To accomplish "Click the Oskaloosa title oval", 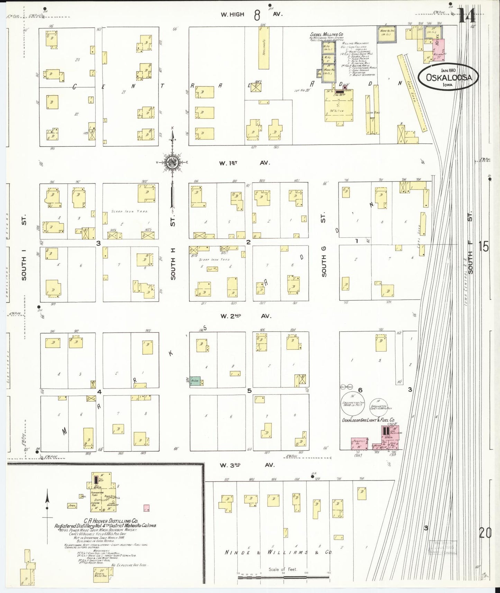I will click(448, 77).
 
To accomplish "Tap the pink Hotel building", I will click(438, 45).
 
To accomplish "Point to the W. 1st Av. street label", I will click(244, 163).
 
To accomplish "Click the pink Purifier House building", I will click(359, 444).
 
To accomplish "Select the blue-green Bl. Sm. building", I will click(195, 381).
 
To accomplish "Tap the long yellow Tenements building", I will click(264, 48).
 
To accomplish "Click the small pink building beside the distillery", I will click(146, 508).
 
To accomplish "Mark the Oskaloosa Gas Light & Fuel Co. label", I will click(368, 420).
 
